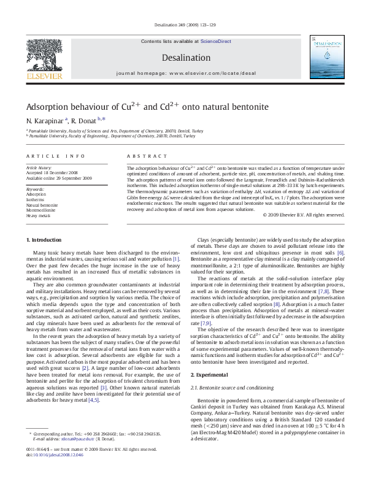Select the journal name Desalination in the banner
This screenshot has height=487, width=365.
coord(182,57)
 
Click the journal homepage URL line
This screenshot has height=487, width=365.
coord(182,73)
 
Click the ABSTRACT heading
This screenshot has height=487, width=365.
coord(142,156)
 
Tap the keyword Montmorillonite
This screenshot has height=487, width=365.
coord(40,210)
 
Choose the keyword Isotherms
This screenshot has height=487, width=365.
coord(35,199)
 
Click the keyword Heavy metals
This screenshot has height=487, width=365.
coord(38,216)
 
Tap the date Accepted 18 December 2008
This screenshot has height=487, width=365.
coord(51,172)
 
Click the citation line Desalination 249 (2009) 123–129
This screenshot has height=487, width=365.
coord(182,25)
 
